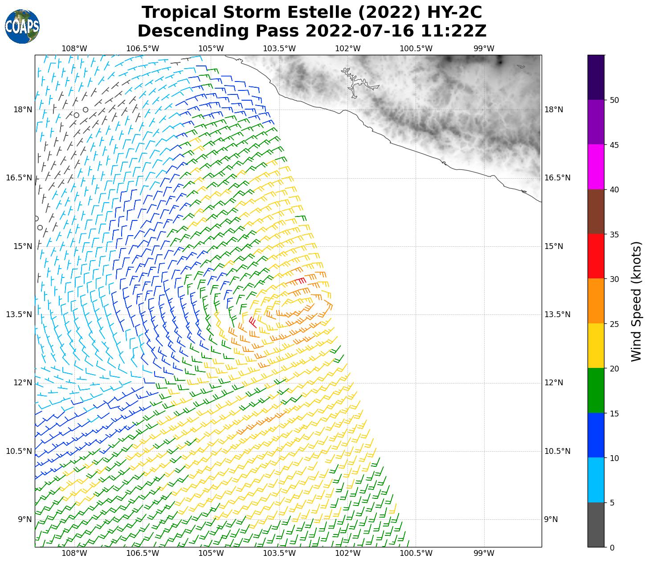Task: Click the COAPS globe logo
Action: tap(22, 27)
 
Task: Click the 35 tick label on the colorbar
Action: tap(615, 234)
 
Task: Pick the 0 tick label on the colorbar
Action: tap(612, 548)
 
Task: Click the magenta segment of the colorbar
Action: tap(596, 167)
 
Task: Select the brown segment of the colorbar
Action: tap(596, 212)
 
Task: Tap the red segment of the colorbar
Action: tap(596, 256)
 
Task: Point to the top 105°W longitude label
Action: tap(211, 48)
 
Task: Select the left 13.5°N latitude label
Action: tap(19, 314)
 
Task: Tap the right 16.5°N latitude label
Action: tap(557, 178)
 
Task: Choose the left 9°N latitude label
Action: tap(24, 519)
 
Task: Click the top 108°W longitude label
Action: tap(74, 48)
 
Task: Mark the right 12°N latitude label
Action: tap(554, 383)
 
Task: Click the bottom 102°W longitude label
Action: tap(347, 553)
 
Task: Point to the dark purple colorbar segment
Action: tap(596, 77)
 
